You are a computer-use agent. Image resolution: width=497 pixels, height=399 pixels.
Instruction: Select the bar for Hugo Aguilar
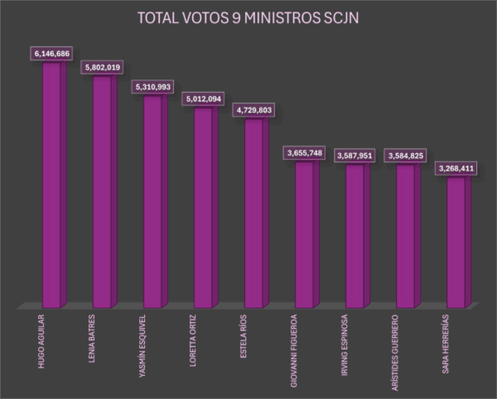(x=51, y=182)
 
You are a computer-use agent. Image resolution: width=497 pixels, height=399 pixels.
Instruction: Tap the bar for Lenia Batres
(x=102, y=190)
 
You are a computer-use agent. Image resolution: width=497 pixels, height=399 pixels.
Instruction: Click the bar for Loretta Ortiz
(x=203, y=207)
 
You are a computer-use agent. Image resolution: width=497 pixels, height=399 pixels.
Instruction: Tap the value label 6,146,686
(x=52, y=54)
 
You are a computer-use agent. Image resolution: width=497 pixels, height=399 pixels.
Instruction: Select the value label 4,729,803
(x=254, y=110)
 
